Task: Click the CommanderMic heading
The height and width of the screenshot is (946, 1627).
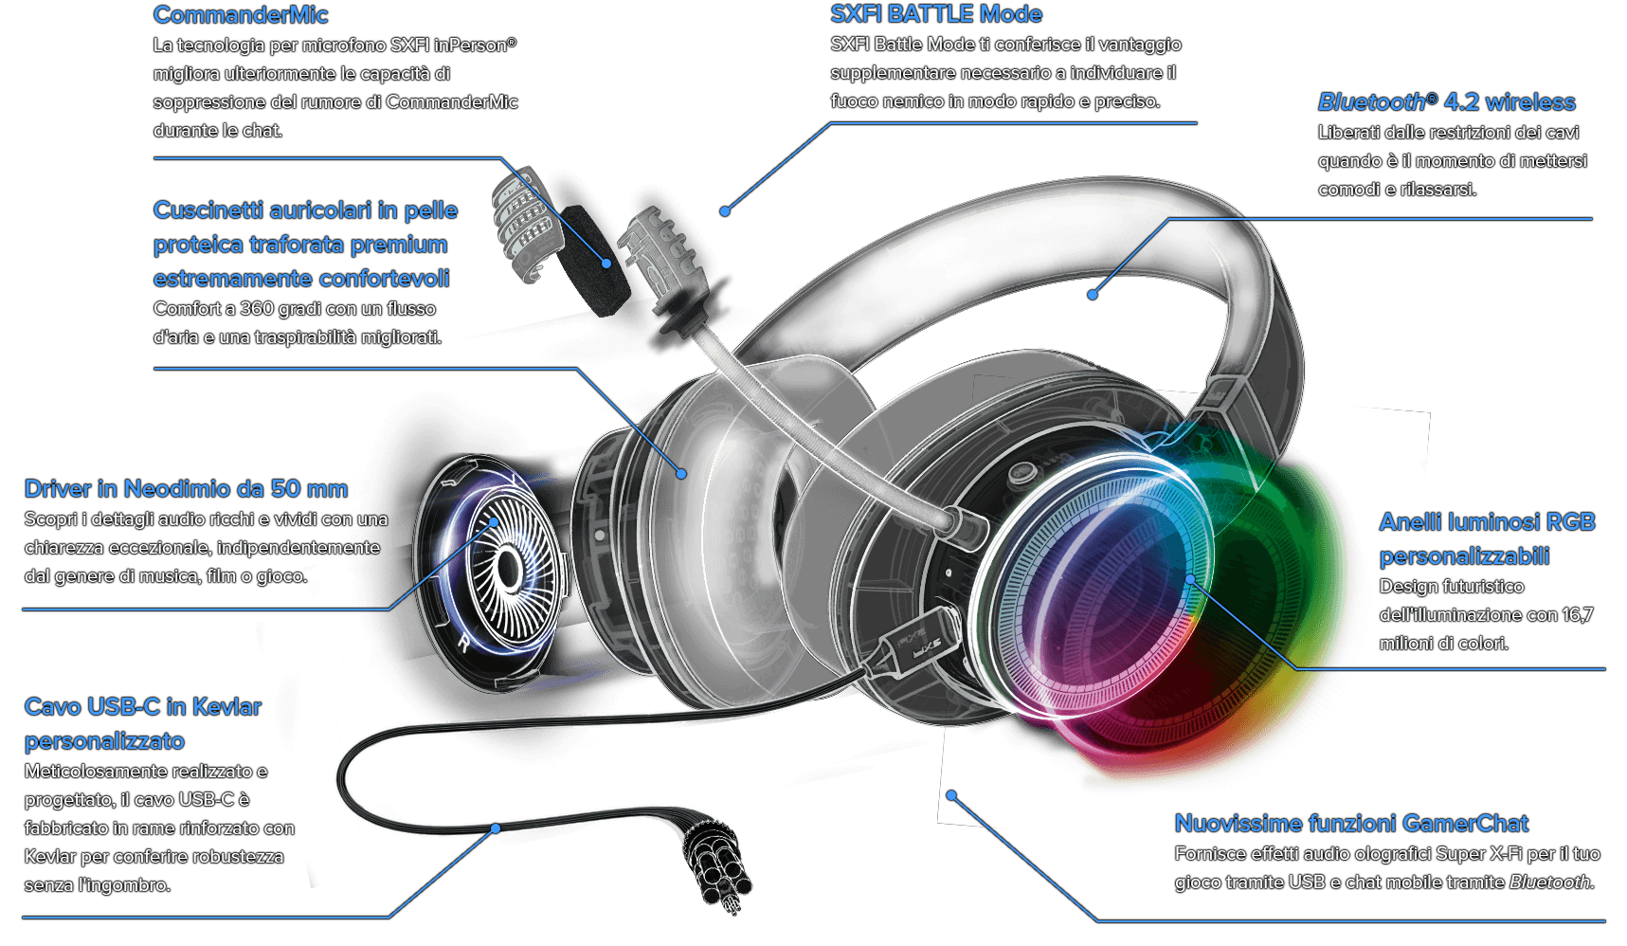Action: click(241, 15)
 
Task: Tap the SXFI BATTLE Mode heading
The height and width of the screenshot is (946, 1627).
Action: click(936, 14)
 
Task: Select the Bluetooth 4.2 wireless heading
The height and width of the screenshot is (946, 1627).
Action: click(1446, 102)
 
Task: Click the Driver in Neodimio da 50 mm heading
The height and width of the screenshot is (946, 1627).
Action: click(186, 489)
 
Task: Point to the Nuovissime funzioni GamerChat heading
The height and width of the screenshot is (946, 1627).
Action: click(1351, 824)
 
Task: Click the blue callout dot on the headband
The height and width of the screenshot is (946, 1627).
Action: click(1093, 295)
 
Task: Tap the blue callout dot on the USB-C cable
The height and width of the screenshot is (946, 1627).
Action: click(496, 828)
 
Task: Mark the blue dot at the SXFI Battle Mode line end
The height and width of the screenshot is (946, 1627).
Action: click(725, 211)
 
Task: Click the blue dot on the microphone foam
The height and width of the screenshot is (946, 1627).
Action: click(606, 264)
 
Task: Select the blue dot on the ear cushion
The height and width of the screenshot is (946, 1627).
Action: click(681, 473)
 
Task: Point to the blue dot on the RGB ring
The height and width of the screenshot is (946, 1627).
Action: click(1190, 578)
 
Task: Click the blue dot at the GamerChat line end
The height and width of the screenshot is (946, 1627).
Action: click(951, 795)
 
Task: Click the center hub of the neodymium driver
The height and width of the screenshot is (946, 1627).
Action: click(509, 569)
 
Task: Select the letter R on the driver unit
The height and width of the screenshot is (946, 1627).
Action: click(463, 644)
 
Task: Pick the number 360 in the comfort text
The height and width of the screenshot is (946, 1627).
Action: click(256, 309)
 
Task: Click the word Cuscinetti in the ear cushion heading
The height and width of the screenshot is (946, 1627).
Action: click(208, 210)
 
